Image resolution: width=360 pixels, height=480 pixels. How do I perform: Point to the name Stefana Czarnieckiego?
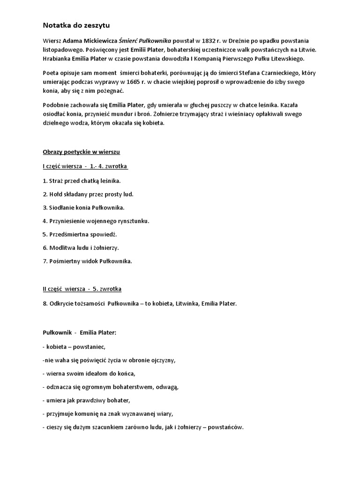pos(270,73)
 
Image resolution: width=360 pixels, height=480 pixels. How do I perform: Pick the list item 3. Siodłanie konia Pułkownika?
pos(83,207)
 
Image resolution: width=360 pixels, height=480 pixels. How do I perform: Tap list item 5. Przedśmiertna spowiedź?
pos(79,234)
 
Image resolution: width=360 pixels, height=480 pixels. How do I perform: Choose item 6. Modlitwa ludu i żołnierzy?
pos(81,247)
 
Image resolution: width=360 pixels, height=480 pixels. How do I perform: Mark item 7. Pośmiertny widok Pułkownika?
pos(87,261)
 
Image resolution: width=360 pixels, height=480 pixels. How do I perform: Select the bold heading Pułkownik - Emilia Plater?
pos(79,333)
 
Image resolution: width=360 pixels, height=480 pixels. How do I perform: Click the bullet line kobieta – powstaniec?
pos(75,347)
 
